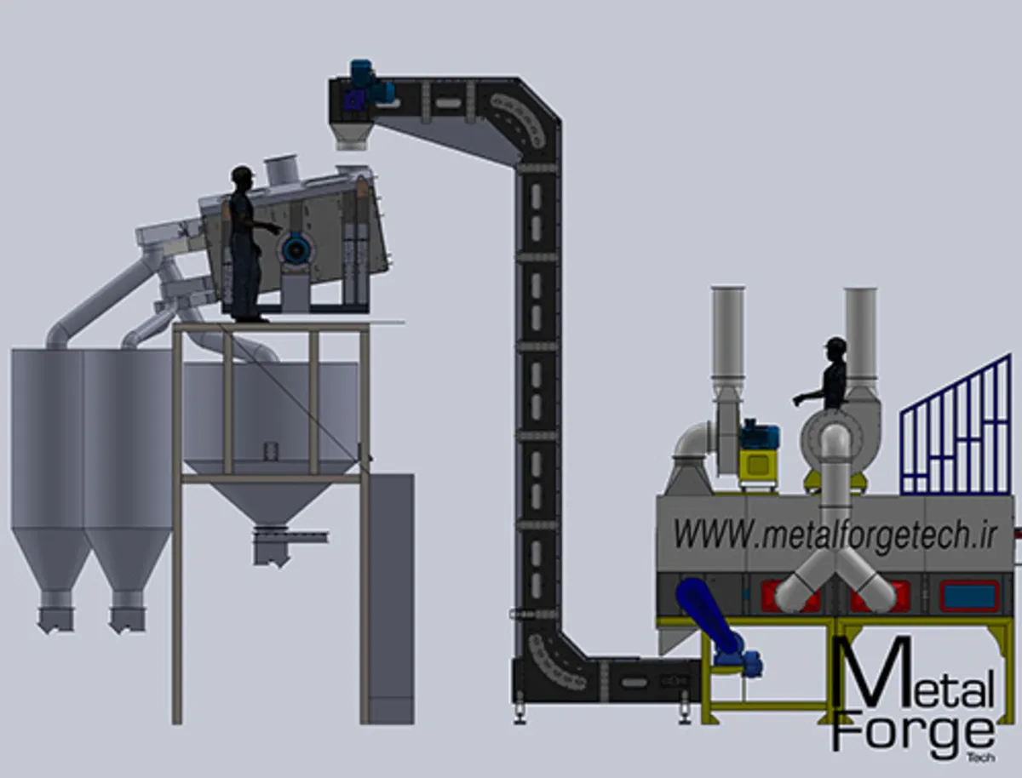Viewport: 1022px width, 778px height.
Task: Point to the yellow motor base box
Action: point(757,466)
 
